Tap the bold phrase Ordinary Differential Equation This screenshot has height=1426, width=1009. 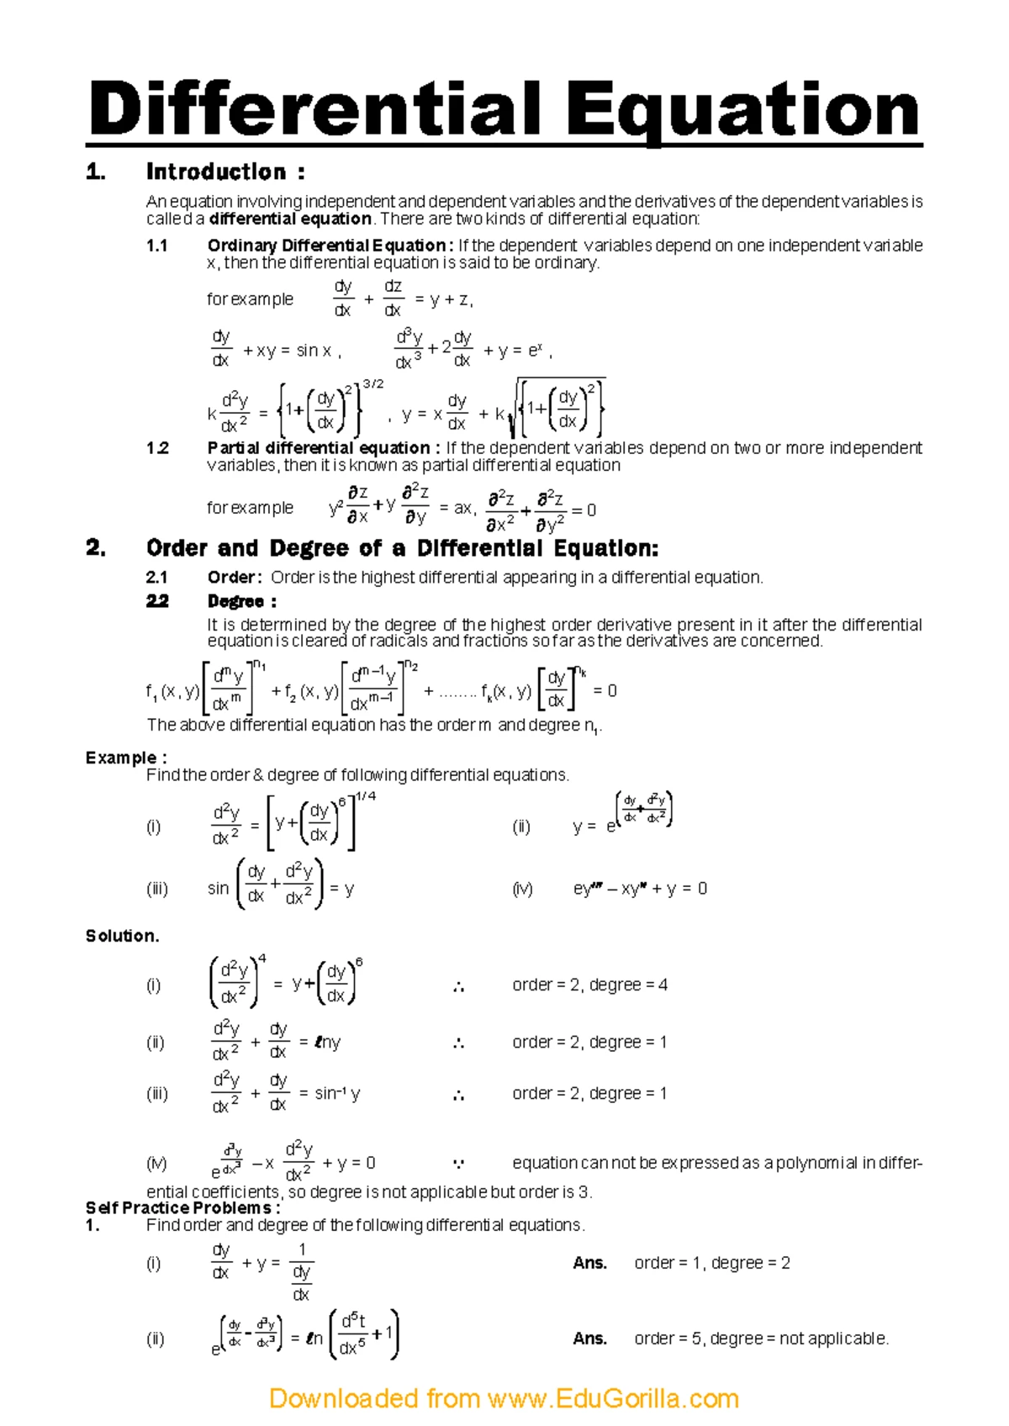coord(326,246)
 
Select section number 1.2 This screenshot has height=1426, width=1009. coord(157,448)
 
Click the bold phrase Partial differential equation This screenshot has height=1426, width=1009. coord(319,448)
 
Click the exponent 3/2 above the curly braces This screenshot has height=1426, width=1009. coord(372,384)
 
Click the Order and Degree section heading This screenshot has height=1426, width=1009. coord(402,548)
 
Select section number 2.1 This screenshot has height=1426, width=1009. coord(157,578)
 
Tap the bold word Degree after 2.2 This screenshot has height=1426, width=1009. coord(236,601)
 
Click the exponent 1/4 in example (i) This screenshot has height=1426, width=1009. coord(366,796)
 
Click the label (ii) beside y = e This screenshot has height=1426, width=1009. coord(521,827)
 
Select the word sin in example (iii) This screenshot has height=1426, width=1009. coord(218,889)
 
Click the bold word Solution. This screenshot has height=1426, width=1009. coord(122,936)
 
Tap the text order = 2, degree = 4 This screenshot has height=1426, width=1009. coord(589,985)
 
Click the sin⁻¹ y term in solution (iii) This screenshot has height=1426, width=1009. coord(337,1093)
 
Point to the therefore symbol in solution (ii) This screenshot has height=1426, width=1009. coord(458,1043)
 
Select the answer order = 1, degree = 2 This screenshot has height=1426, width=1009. coord(711,1263)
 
